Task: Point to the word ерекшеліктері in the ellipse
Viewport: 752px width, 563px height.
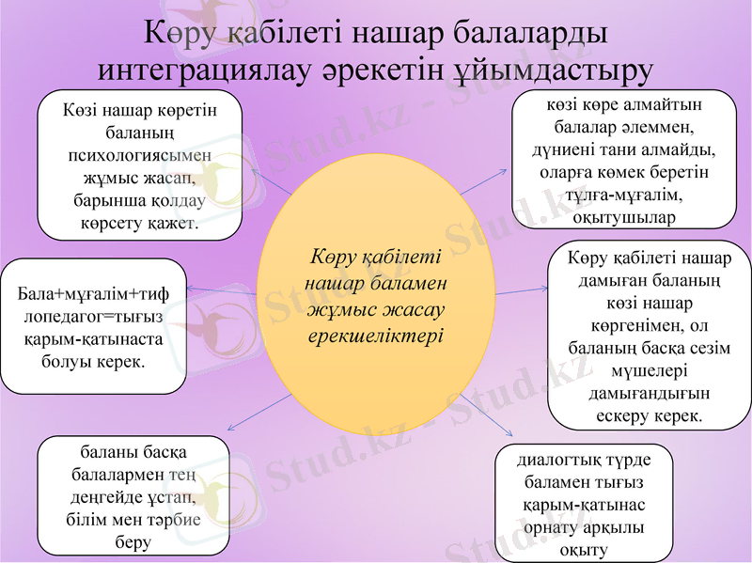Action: [376, 335]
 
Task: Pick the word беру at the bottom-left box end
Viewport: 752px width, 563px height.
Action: [133, 542]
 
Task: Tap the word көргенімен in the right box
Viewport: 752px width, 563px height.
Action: [648, 325]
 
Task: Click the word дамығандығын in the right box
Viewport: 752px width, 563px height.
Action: [649, 393]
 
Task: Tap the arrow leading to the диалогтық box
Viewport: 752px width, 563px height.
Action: [484, 418]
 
